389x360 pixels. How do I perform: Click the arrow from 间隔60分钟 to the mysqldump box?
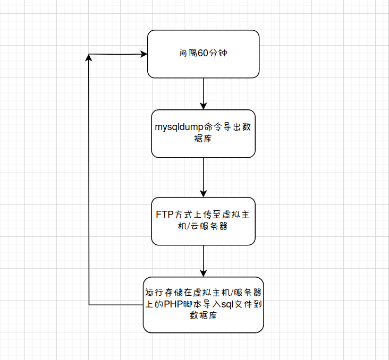204,93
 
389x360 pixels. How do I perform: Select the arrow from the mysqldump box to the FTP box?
204,177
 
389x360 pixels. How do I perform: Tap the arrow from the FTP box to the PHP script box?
204,261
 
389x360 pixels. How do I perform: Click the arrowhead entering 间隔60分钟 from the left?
143,54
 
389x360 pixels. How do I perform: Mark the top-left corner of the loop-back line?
89,54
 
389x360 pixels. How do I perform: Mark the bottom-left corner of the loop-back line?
89,305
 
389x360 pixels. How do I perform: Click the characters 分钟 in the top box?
220,54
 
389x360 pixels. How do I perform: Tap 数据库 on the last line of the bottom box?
204,315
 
